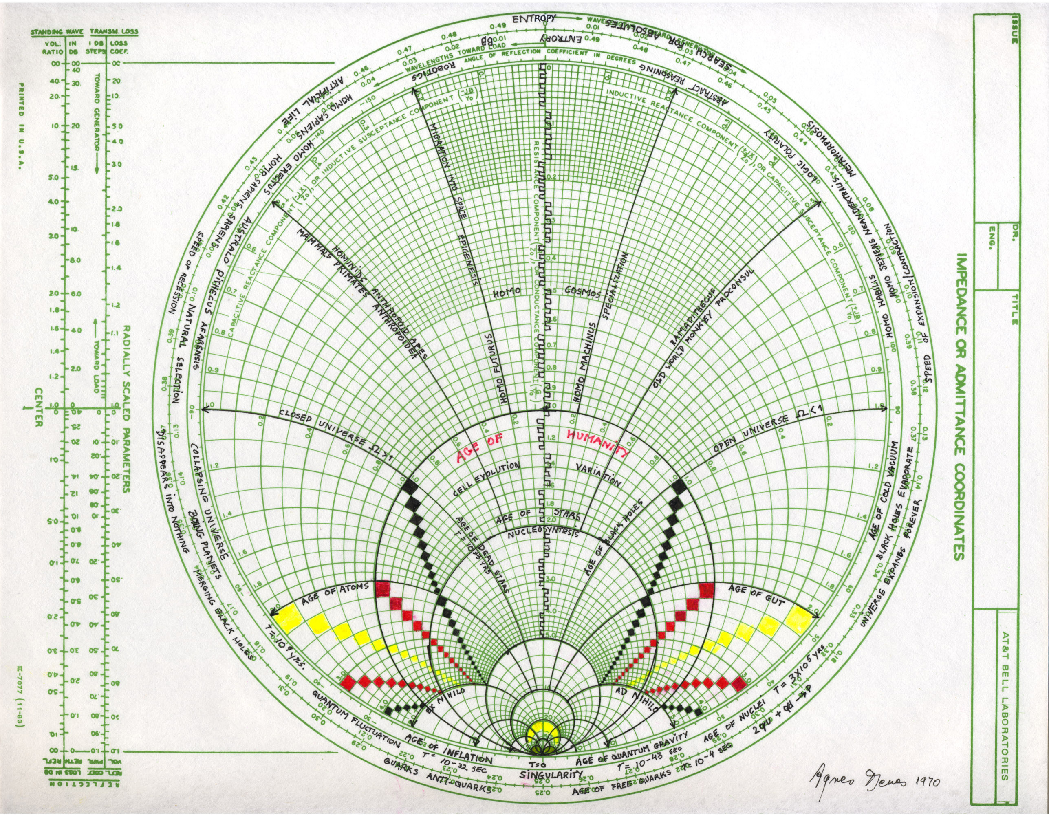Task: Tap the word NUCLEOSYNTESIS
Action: [x=544, y=533]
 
